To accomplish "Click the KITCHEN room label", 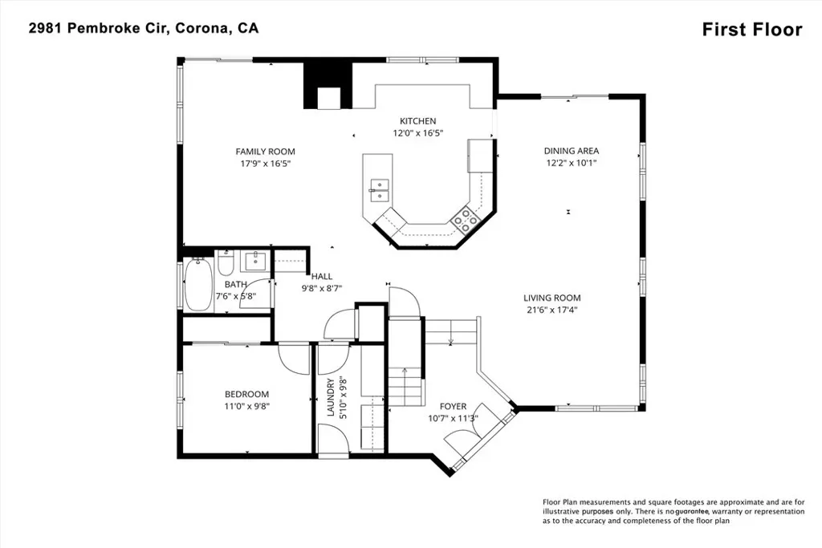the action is coord(417,121).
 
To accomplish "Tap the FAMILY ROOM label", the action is coord(265,152).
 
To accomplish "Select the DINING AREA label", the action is coord(572,151).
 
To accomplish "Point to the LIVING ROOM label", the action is coord(552,298).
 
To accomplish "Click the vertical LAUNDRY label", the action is coord(331,397).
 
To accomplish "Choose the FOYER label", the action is coord(453,406).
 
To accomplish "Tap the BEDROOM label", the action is coord(247,394).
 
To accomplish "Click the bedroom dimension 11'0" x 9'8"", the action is coord(247,406).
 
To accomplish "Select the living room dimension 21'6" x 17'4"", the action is coord(552,310).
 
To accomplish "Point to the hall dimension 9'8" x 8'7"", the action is coord(321,287).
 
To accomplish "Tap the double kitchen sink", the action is coord(379,190).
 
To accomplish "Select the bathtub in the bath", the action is coord(198,285).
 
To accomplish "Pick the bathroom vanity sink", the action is coord(256,261).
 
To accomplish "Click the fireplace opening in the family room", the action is coord(328,98).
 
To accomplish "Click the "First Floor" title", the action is coord(751,30).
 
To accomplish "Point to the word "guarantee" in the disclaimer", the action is coord(691,511).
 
